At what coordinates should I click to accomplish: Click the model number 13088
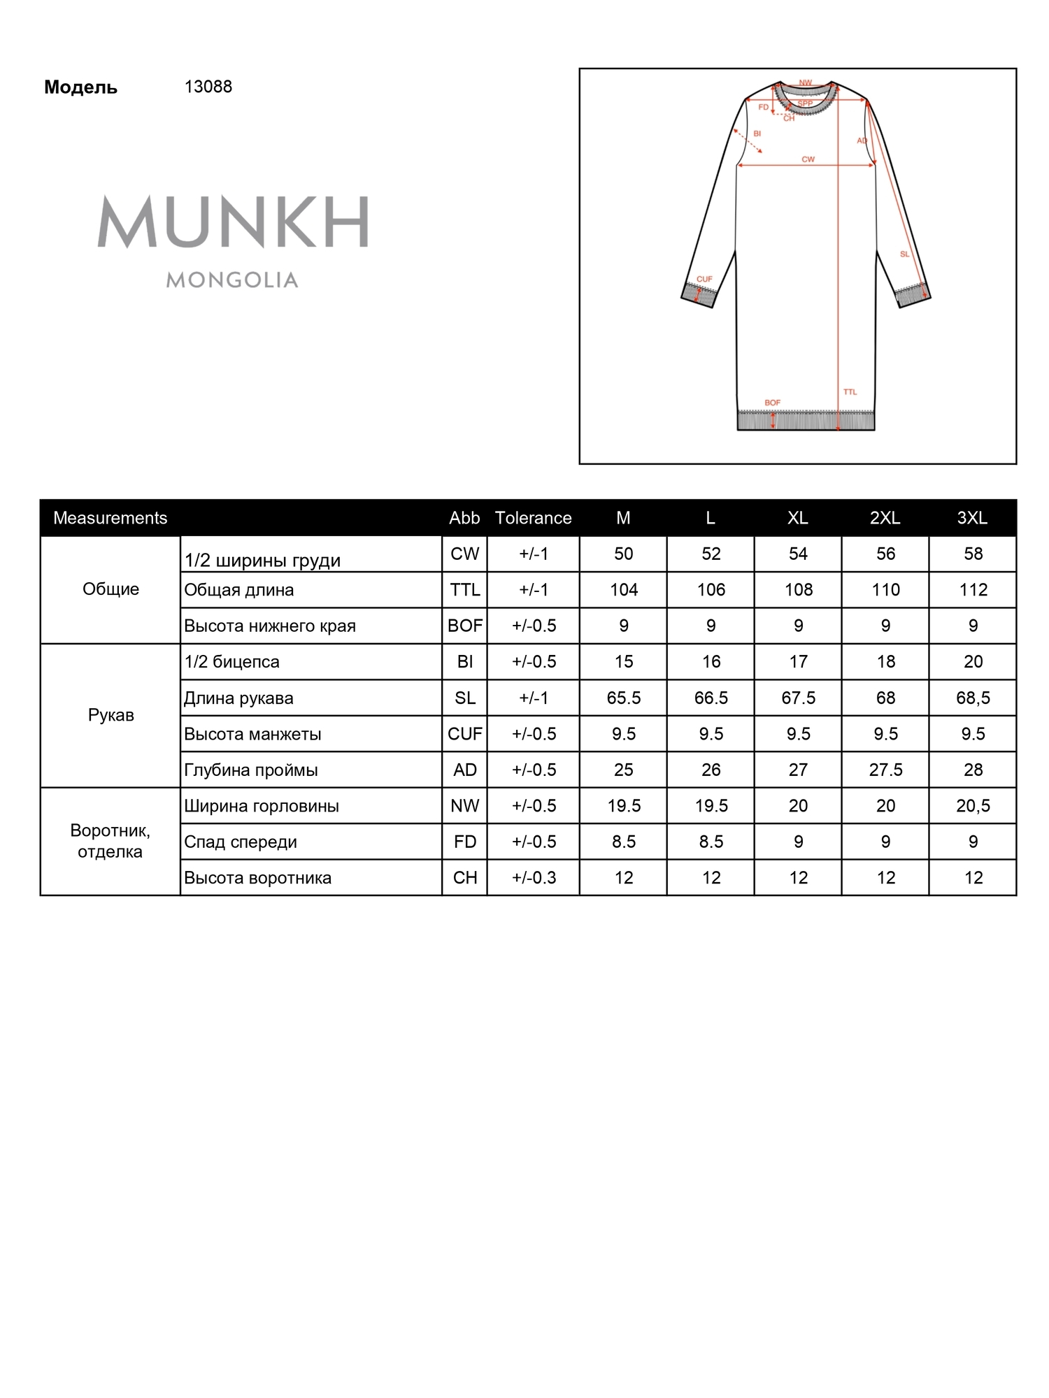tap(208, 87)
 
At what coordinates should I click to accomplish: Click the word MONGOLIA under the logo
tap(232, 280)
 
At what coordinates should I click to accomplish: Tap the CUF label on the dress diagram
tap(704, 279)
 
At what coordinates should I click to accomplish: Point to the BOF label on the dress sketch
tap(772, 403)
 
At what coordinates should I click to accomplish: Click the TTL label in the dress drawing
tap(850, 391)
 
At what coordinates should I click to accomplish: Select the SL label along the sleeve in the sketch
tap(904, 254)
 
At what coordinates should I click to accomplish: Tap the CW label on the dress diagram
tap(808, 159)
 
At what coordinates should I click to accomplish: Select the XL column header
tap(797, 518)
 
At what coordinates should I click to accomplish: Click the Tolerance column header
tap(533, 518)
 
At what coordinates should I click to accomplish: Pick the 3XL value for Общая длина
tap(973, 590)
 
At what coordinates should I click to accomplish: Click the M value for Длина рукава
tap(623, 698)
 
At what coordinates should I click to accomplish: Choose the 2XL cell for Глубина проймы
tap(885, 770)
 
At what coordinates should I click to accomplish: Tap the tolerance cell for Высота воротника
tap(534, 878)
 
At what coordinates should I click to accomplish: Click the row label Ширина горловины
tap(262, 806)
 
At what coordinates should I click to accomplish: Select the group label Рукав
tap(110, 715)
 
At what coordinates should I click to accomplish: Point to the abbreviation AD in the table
tap(464, 770)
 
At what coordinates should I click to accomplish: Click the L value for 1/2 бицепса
tap(711, 661)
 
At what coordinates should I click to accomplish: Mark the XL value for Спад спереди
tap(798, 842)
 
